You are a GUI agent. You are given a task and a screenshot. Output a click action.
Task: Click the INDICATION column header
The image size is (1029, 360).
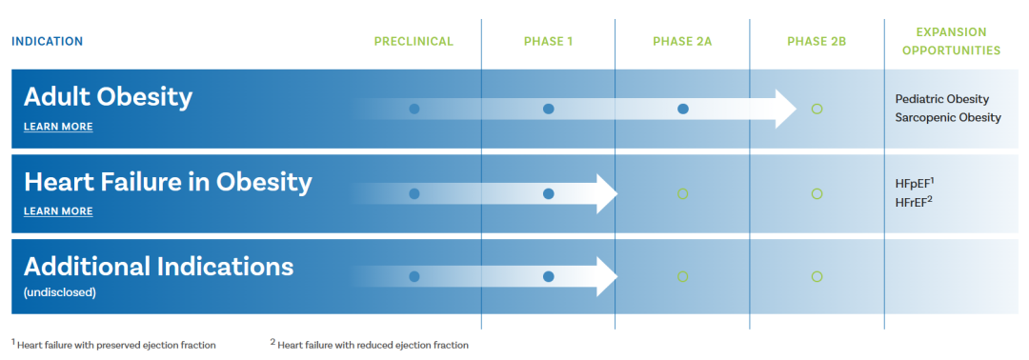click(x=48, y=42)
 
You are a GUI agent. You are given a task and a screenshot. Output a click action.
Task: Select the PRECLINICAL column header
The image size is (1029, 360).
click(x=414, y=42)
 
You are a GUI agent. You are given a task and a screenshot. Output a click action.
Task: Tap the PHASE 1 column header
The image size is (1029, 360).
click(x=548, y=42)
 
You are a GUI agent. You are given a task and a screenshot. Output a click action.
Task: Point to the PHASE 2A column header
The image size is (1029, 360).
click(x=682, y=42)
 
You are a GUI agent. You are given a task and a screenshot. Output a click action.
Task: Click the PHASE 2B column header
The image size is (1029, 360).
click(x=817, y=42)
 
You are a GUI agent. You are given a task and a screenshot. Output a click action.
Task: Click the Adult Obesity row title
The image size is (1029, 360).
click(x=109, y=98)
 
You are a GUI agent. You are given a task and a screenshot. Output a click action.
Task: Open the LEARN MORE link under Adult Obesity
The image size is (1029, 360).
click(x=58, y=127)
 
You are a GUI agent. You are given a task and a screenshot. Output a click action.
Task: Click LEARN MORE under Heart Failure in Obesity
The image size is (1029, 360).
click(x=58, y=211)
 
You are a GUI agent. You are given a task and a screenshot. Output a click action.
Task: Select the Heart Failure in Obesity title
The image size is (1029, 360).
click(x=168, y=183)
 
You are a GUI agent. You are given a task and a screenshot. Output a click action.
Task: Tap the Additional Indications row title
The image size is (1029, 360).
click(x=158, y=267)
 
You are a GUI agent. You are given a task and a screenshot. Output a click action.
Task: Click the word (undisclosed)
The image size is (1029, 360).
click(x=60, y=292)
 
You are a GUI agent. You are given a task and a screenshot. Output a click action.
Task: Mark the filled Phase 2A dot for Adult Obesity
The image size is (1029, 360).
click(x=682, y=109)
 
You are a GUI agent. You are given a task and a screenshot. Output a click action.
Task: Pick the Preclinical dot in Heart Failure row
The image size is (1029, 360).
click(x=414, y=193)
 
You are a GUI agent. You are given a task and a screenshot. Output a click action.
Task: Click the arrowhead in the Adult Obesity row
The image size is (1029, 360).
click(x=785, y=109)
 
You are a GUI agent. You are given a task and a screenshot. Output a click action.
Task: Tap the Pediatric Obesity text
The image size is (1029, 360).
click(x=941, y=99)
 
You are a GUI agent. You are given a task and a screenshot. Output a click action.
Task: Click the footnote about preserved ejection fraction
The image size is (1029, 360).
click(x=113, y=344)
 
